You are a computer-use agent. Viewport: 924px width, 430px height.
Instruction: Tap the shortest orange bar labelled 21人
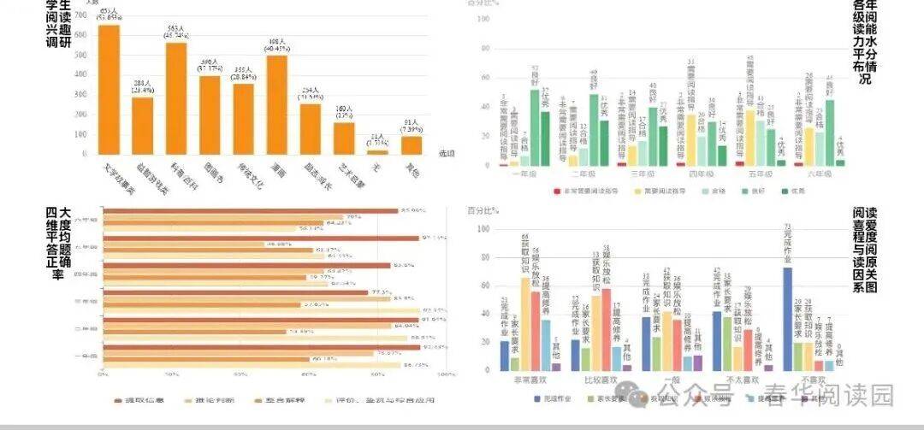coord(377,153)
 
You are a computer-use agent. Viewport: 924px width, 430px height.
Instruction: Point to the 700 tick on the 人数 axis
coord(82,16)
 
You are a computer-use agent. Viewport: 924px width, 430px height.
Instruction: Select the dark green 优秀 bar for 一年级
coord(544,138)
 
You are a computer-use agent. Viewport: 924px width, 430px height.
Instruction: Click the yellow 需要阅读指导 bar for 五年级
coord(750,138)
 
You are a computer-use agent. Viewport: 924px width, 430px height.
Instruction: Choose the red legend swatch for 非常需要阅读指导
coord(556,191)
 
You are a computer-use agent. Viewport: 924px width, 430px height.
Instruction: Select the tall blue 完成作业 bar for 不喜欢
coord(787,319)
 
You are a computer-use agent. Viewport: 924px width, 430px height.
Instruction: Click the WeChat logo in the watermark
coord(637,396)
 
